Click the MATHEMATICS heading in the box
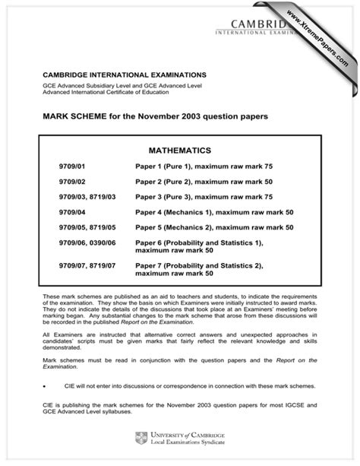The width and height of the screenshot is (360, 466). [179, 151]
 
